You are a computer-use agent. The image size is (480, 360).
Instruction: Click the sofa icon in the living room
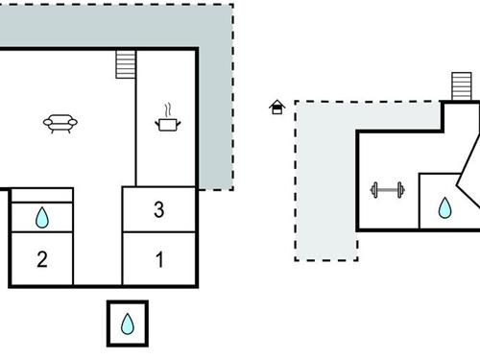[60, 122]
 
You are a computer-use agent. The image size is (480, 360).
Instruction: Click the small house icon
[277, 107]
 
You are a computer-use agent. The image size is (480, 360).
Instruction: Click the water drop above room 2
[41, 218]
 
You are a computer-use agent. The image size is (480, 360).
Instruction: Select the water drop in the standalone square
[128, 324]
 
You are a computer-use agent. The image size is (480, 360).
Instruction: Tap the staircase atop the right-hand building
[464, 87]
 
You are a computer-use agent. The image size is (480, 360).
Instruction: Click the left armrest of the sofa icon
[46, 122]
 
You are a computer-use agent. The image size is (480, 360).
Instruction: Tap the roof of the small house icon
[277, 103]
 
